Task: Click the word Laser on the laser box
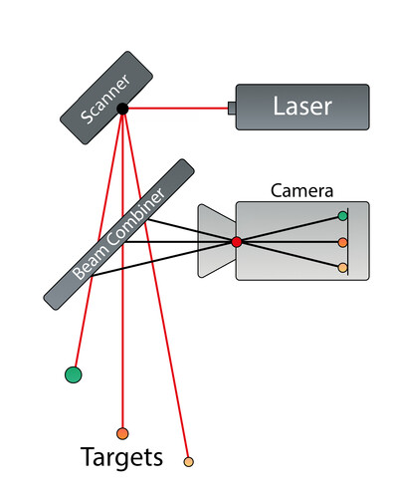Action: coord(302,106)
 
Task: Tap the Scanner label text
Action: coord(104,99)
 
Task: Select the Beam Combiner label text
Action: coord(118,234)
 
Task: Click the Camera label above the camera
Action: coord(301,191)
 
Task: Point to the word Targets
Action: coord(121,457)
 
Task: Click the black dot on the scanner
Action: coord(122,109)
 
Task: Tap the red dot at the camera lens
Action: coord(237,242)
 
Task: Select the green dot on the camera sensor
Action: coord(342,216)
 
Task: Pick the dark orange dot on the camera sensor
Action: coord(342,243)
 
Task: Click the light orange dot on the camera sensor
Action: coord(342,268)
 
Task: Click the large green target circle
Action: coord(74,374)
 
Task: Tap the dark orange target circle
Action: coord(122,433)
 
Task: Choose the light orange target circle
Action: coord(188,462)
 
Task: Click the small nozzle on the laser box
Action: coord(232,109)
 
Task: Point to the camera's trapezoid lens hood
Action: coord(217,241)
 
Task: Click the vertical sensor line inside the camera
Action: coord(347,242)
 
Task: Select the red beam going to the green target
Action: coord(98,238)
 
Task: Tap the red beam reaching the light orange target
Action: coord(156,284)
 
